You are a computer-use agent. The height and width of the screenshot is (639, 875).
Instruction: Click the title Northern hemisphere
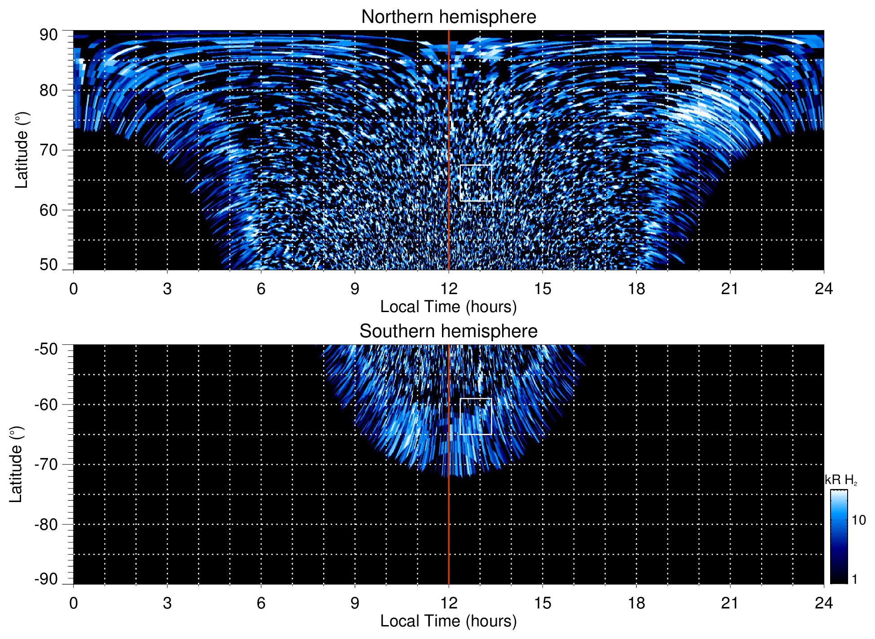tap(448, 17)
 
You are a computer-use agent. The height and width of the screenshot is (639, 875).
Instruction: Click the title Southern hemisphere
tap(448, 331)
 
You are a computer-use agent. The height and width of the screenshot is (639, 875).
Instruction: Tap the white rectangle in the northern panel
tap(476, 183)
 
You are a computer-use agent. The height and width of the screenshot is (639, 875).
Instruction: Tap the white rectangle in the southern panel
tap(476, 416)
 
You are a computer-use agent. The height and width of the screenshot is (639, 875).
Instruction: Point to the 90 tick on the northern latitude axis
tap(48, 35)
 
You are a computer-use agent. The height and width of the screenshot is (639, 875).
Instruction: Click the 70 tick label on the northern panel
tap(48, 150)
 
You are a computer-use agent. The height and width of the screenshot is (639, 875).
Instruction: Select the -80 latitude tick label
tap(46, 524)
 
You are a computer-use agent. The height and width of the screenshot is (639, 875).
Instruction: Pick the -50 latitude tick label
tap(46, 349)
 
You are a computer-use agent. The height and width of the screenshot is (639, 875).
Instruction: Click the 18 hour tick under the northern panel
tap(636, 289)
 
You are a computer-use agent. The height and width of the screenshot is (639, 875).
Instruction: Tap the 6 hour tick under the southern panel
tap(261, 603)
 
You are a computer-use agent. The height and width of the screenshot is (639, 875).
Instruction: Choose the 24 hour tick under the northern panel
tap(823, 289)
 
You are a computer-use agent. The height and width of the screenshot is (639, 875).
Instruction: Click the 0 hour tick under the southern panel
tap(74, 603)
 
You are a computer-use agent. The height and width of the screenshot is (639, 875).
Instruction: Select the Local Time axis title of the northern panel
tap(448, 307)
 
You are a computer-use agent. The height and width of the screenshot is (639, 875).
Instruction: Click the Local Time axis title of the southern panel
tap(448, 621)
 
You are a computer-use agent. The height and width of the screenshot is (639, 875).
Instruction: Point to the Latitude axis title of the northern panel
tap(22, 150)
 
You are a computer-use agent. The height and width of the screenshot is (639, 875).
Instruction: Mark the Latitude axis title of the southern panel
tap(16, 464)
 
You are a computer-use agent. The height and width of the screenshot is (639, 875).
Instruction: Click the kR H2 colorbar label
tap(840, 480)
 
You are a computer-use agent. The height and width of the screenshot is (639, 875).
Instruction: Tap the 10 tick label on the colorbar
tap(858, 520)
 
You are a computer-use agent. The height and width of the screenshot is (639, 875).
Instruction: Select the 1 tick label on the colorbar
tap(854, 579)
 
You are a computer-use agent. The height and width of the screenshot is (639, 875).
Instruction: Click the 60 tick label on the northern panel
tap(48, 210)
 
